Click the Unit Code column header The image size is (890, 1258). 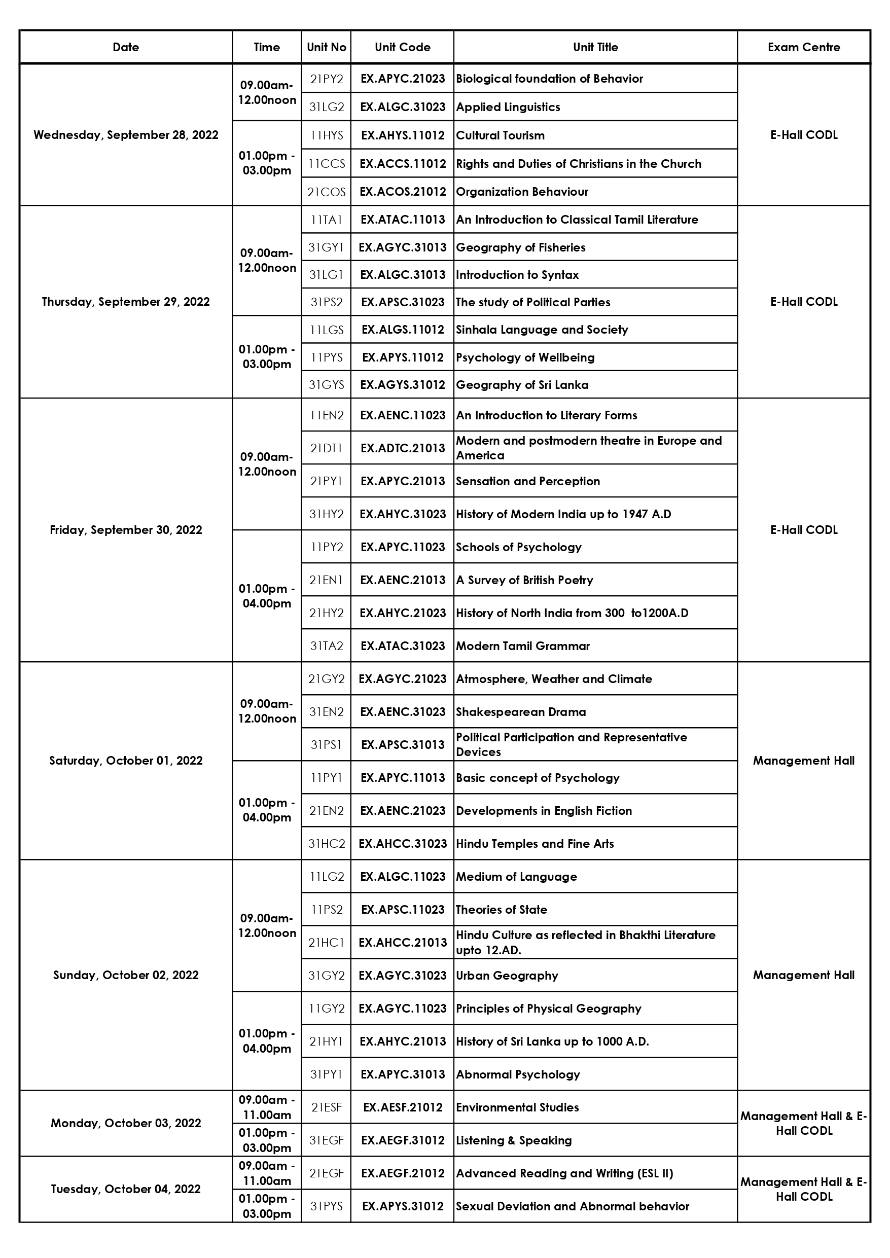402,47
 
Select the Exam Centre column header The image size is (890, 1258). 803,47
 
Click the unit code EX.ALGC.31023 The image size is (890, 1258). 402,107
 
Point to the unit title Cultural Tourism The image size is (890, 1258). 501,135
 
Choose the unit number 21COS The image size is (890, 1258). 326,192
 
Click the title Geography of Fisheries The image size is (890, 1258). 521,247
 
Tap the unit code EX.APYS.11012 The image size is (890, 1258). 402,357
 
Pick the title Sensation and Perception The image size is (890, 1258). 528,481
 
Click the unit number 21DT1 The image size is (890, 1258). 326,448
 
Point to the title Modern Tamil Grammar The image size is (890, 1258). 523,646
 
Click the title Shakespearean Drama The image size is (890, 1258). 521,712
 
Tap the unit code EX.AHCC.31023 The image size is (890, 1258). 402,844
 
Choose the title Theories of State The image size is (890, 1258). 502,910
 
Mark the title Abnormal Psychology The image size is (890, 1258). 518,1074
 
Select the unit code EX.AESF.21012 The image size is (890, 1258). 402,1107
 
